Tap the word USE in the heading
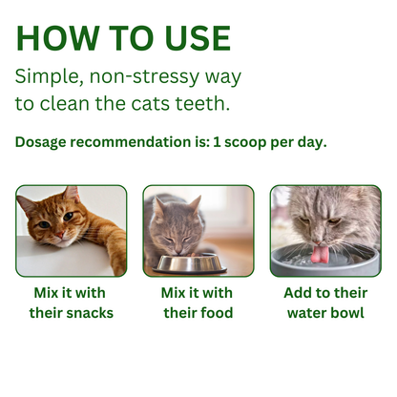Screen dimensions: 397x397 192,38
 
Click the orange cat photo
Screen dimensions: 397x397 72,231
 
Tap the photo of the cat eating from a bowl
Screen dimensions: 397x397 198,231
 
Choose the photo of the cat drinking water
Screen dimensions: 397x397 325,231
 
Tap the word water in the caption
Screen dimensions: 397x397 301,312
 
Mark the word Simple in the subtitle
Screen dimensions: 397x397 49,76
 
